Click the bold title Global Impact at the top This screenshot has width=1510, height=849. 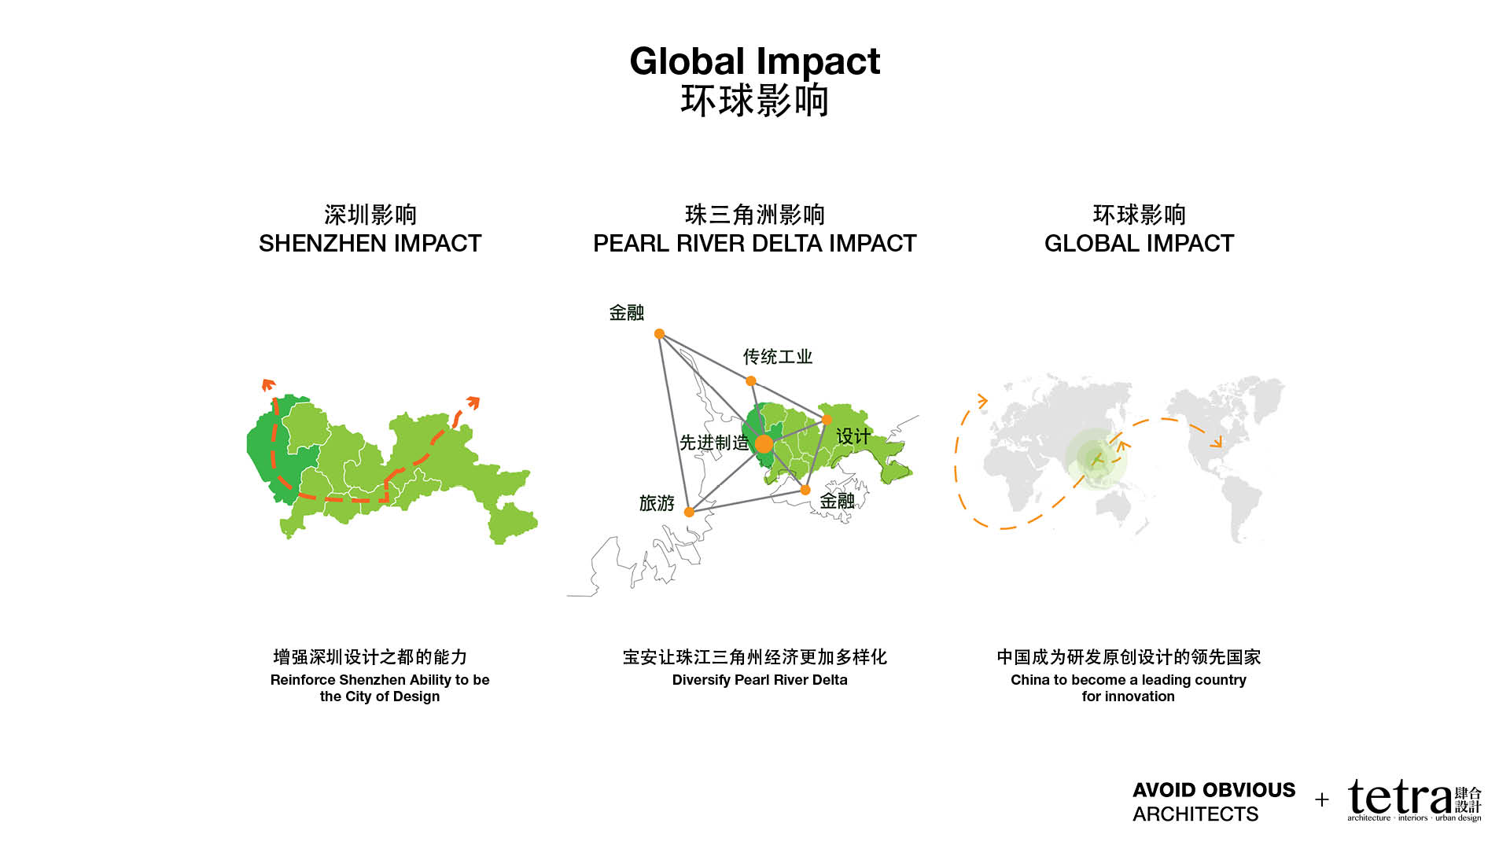[755, 61]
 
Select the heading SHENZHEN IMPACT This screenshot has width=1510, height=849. [370, 244]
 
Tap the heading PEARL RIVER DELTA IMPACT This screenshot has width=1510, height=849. [755, 244]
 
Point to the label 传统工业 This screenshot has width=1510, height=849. [778, 357]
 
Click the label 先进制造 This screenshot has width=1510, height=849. [714, 443]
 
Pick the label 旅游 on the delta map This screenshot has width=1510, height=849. [657, 503]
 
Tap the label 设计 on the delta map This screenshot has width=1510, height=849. [853, 436]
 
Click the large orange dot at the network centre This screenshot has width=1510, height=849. [764, 444]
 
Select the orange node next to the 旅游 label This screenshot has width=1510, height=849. [689, 512]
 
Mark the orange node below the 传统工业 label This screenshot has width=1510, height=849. [751, 381]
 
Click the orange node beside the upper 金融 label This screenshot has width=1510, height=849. [660, 334]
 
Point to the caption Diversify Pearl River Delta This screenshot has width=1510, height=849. [760, 680]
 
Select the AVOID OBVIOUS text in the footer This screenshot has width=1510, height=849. [1214, 790]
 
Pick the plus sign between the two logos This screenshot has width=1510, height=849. [1322, 800]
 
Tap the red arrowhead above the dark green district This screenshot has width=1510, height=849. [269, 384]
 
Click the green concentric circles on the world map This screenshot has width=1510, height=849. [1096, 459]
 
